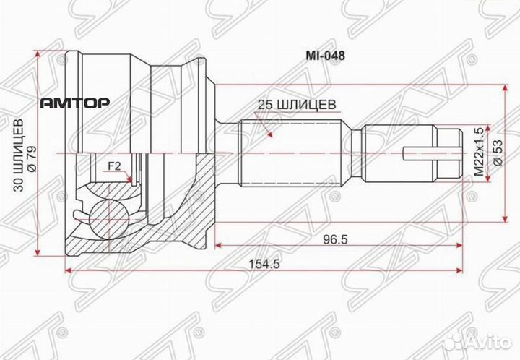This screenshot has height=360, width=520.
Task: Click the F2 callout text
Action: (113, 166)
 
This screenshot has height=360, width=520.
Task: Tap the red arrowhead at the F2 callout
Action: (129, 177)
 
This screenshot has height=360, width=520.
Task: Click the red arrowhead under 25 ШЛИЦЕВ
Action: (268, 133)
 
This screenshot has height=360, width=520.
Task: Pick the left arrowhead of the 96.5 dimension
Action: (217, 245)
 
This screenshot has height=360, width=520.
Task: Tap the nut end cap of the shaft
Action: (449, 153)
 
